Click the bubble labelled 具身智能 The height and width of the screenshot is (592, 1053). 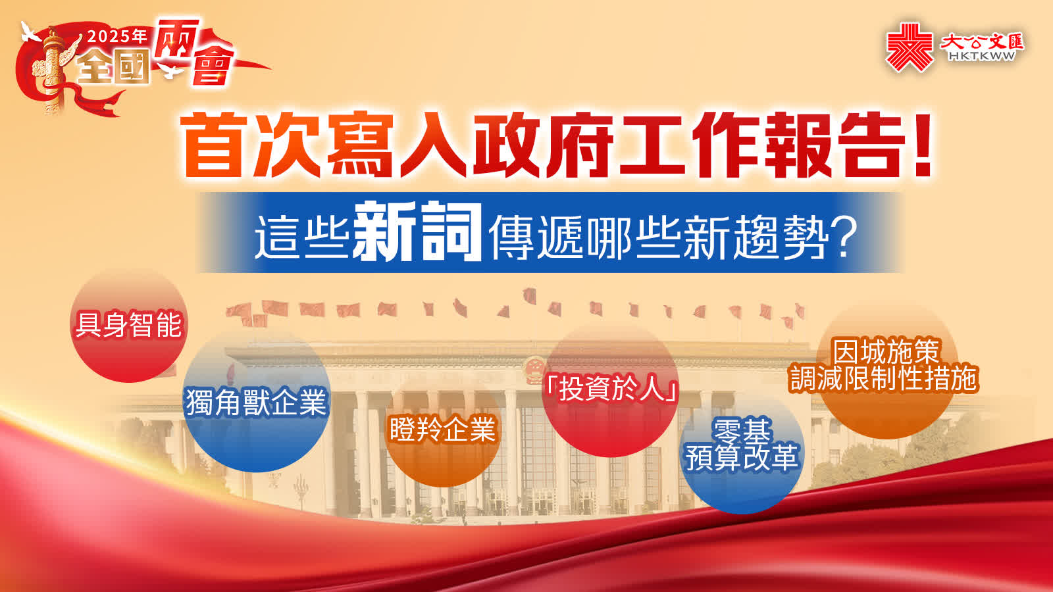(x=128, y=324)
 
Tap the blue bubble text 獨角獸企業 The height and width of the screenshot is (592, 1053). (x=256, y=402)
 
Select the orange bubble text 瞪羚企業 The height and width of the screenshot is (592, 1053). (x=443, y=429)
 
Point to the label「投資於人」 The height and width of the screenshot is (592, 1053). (x=611, y=389)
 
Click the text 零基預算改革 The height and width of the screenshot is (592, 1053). (x=742, y=445)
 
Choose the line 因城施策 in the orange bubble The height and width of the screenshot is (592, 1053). (x=886, y=351)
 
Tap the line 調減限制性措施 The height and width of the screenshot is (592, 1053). (x=885, y=379)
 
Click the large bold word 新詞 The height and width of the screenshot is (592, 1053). (x=417, y=232)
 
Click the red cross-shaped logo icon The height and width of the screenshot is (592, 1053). (x=910, y=47)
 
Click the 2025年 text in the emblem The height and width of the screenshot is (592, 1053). (x=118, y=36)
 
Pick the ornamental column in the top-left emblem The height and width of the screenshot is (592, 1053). (x=53, y=70)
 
